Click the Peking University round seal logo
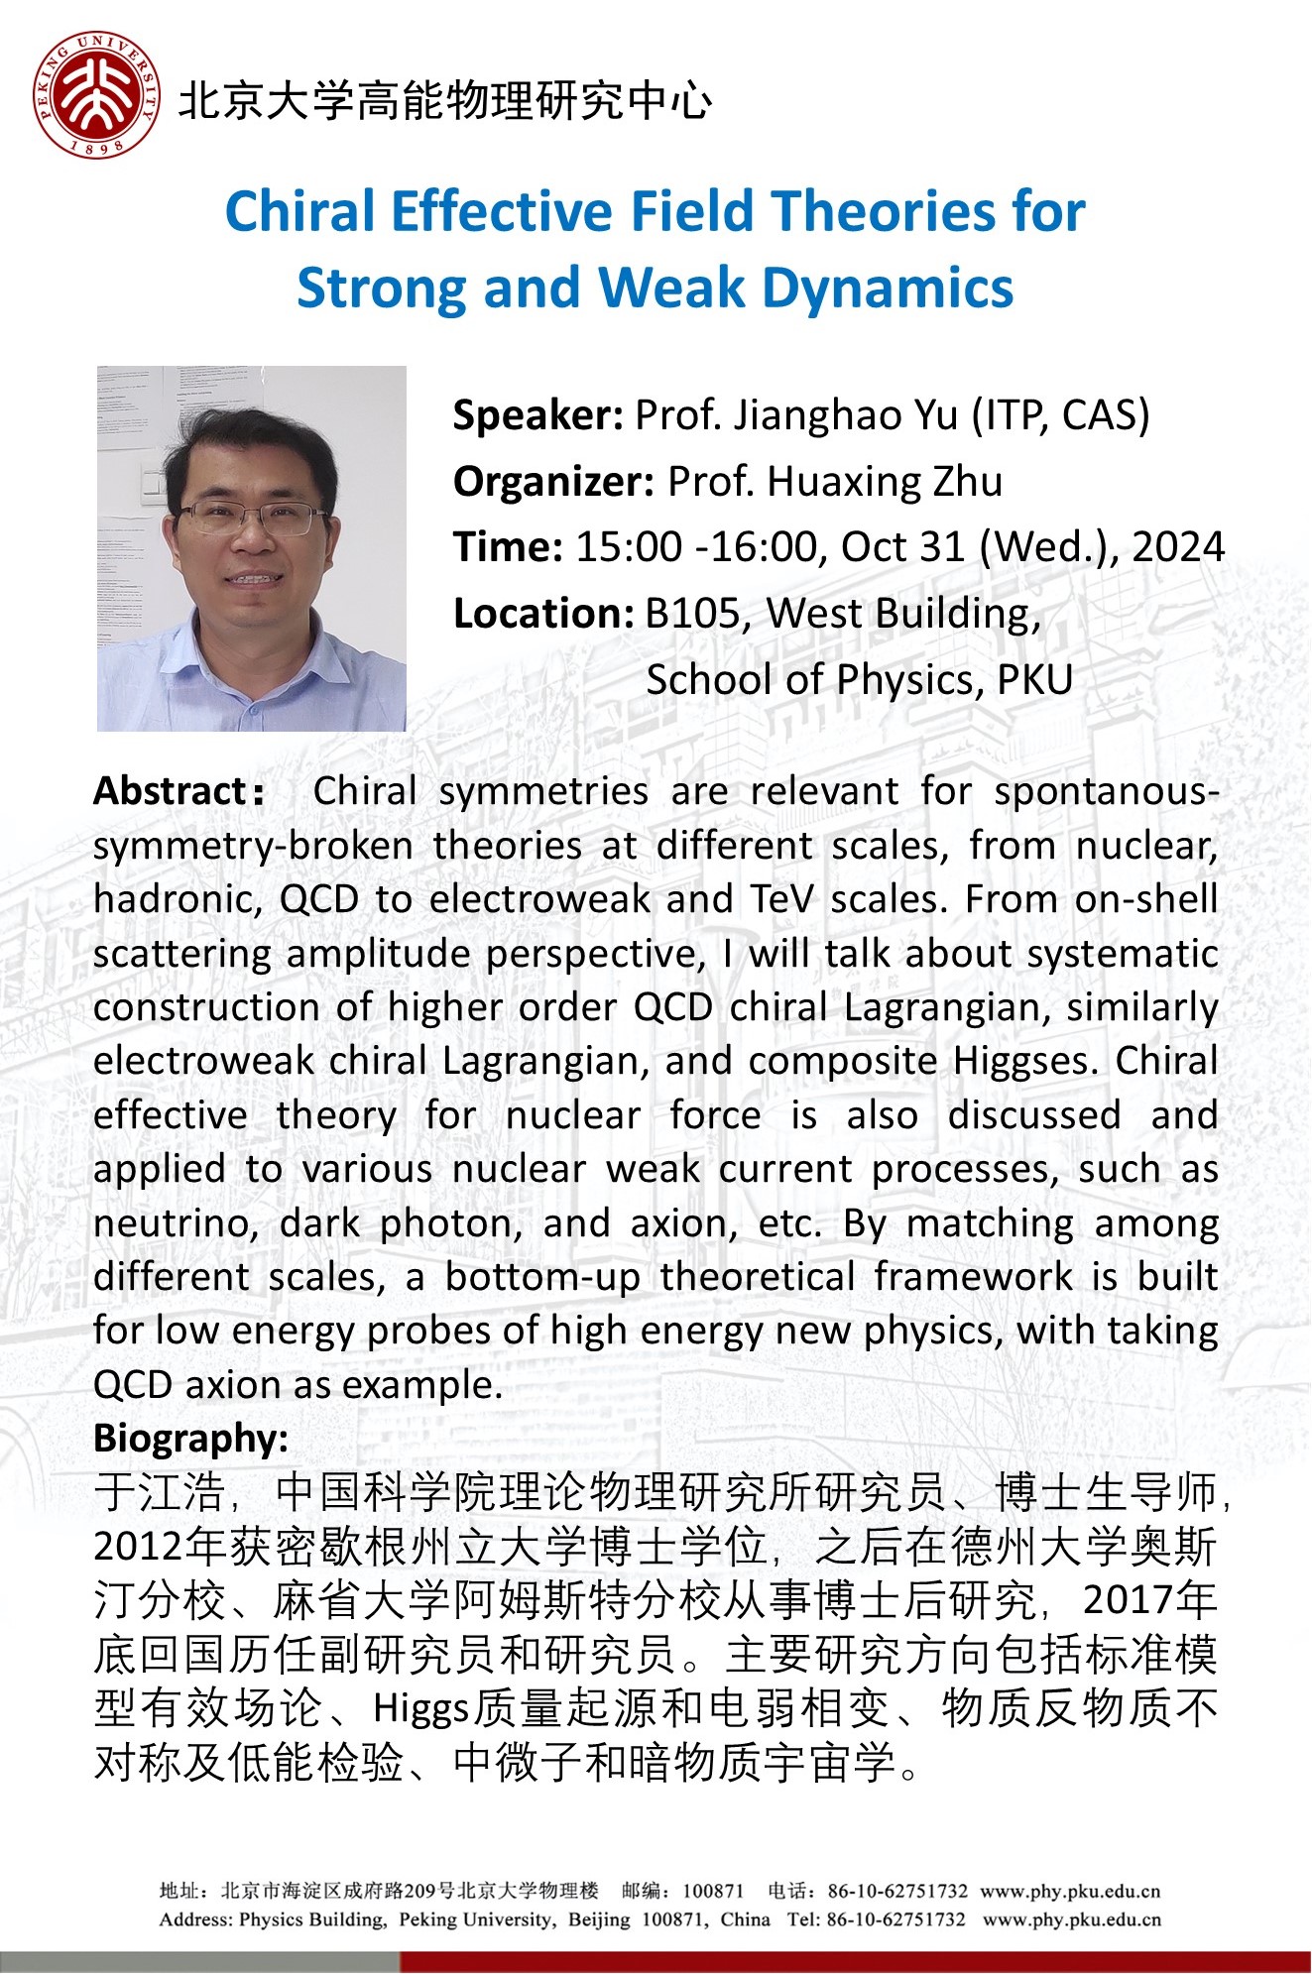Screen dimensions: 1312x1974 coord(95,94)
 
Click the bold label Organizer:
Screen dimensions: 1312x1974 coord(553,482)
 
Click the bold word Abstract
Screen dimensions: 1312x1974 coord(169,791)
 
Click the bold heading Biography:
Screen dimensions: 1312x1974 coord(191,1438)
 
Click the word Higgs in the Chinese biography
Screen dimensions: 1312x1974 coord(420,1709)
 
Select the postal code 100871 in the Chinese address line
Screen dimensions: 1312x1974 coord(713,1892)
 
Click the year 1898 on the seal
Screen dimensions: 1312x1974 coord(96,147)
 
